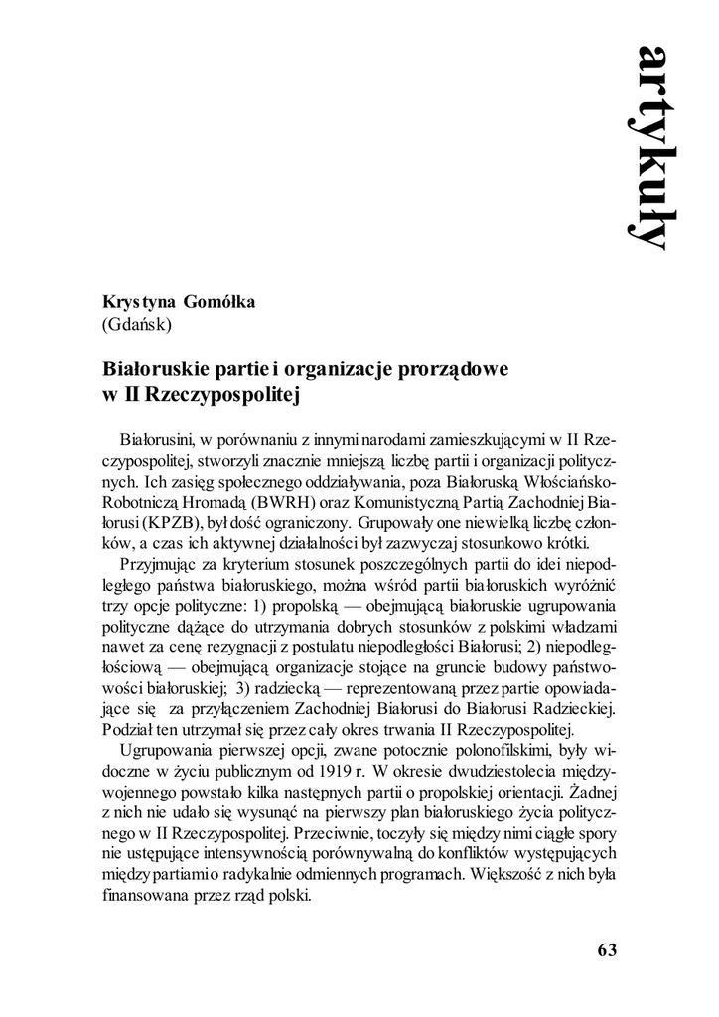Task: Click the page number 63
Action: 608,949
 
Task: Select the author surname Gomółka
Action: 219,303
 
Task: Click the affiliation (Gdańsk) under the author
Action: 138,324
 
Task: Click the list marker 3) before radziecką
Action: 243,686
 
